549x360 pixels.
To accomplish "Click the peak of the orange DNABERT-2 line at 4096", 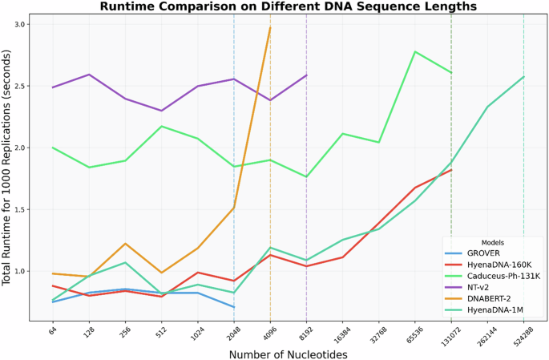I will [270, 27].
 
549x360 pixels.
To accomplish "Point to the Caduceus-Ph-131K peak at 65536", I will [414, 51].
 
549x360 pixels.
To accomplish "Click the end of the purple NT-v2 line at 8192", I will [306, 75].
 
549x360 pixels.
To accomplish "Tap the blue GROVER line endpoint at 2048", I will [234, 307].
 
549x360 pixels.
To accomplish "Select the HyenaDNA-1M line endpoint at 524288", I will [523, 77].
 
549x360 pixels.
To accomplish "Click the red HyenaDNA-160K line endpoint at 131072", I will [451, 170].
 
